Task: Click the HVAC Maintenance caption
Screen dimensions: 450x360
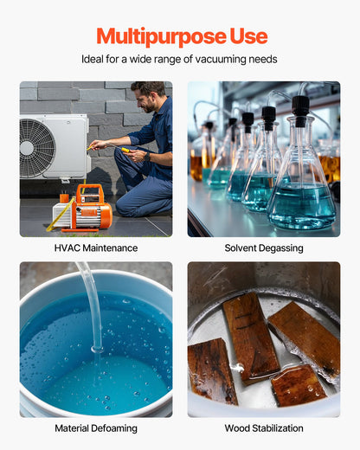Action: pyautogui.click(x=96, y=248)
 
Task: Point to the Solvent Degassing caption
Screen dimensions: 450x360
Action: pyautogui.click(x=264, y=248)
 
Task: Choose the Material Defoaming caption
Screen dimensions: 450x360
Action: pyautogui.click(x=96, y=428)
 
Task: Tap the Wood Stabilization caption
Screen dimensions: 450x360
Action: pyautogui.click(x=264, y=428)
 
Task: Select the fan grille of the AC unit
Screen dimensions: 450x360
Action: pyautogui.click(x=37, y=148)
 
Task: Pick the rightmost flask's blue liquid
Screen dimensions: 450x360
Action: pyautogui.click(x=301, y=206)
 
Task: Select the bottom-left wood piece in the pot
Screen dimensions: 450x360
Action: pyautogui.click(x=211, y=370)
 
